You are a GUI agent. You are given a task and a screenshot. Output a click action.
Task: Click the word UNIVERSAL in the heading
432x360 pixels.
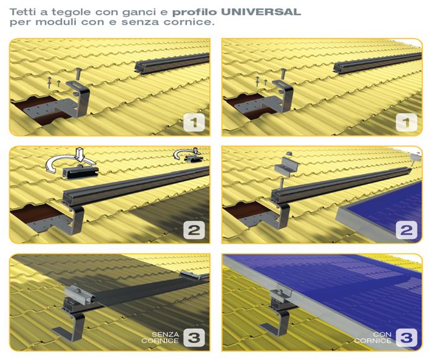[260, 12]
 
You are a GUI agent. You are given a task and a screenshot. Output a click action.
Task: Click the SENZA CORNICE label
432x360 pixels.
[160, 338]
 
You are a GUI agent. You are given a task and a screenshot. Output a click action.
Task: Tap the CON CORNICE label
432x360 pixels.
[373, 338]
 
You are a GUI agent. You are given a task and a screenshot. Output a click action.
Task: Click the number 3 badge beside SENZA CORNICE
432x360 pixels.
[194, 338]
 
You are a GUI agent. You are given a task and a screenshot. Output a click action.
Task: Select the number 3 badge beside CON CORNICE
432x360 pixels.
[407, 338]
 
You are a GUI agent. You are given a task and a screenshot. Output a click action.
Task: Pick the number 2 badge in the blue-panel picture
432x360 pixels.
[407, 230]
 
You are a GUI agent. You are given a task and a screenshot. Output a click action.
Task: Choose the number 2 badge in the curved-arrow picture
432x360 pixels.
[194, 230]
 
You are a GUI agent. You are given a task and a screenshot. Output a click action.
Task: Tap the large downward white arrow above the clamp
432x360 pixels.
[80, 155]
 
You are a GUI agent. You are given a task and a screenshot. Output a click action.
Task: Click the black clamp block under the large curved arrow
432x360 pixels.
[81, 172]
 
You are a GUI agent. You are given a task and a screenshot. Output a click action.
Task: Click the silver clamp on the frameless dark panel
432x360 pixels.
[80, 295]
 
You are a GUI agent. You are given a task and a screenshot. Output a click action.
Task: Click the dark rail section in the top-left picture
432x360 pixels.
[172, 63]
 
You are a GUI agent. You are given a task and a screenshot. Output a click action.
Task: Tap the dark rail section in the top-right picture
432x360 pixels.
[377, 63]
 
